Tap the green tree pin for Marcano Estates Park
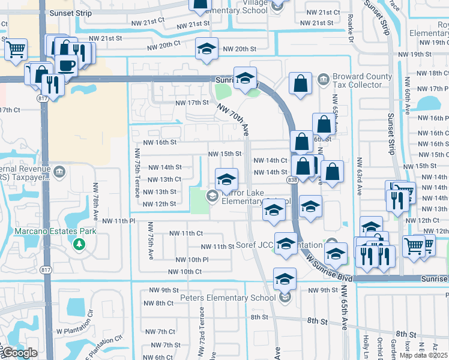coord(78,244)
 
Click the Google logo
coord(19,353)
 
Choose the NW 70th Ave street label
coord(234,118)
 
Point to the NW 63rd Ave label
coord(360,177)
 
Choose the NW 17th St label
coord(191,103)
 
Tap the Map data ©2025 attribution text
coord(424,355)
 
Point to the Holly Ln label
coord(365,344)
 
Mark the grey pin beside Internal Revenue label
coord(59,173)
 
